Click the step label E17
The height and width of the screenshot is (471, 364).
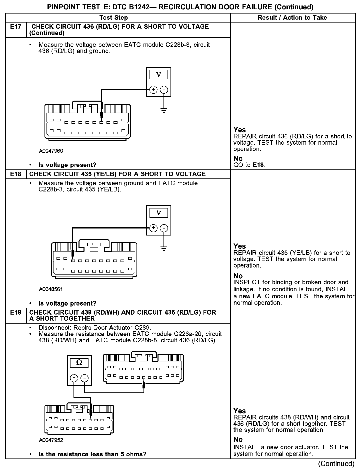[15, 27]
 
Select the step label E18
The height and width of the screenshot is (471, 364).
[15, 174]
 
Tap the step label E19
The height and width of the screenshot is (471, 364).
[15, 313]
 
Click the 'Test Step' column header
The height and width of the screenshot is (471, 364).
[113, 18]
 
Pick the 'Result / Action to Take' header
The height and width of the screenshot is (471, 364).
[292, 18]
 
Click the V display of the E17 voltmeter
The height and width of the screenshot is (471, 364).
[158, 75]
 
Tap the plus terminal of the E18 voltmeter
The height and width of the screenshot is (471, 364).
[153, 228]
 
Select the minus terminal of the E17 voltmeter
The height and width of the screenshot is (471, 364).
[164, 90]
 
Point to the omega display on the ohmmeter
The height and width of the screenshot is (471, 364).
[79, 363]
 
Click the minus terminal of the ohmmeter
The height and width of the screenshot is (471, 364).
[85, 378]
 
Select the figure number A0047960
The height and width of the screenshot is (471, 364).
[51, 151]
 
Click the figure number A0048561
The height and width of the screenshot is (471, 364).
[51, 289]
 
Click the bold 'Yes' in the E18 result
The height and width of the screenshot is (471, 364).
[239, 246]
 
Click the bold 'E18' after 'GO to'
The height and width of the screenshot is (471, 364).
[258, 165]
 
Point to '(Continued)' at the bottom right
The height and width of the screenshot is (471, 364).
[336, 464]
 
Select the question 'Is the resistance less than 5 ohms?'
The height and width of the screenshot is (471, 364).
[92, 454]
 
